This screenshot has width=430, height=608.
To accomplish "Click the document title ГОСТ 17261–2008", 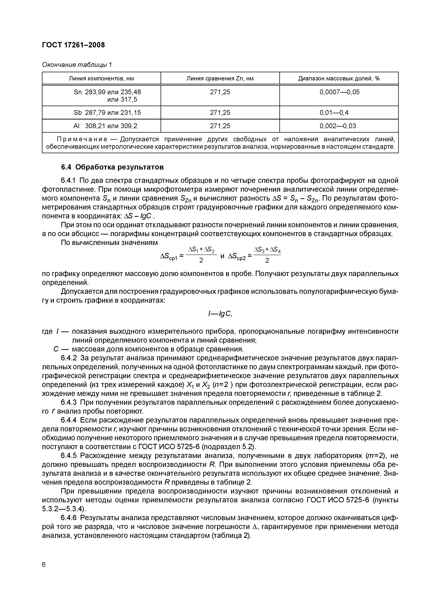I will pyautogui.click(x=73, y=45).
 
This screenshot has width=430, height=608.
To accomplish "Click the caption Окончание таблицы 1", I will pyautogui.click(x=77, y=65).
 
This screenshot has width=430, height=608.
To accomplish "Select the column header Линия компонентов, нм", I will pyautogui.click(x=101, y=78).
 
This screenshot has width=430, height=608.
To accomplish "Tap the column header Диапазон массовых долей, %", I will pyautogui.click(x=339, y=78).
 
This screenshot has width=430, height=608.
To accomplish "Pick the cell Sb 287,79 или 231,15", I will pyautogui.click(x=107, y=113).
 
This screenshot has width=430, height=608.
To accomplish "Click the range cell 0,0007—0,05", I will pyautogui.click(x=339, y=92).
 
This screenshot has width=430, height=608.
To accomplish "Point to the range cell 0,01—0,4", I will pyautogui.click(x=334, y=113).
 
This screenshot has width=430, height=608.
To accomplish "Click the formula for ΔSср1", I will pyautogui.click(x=188, y=255).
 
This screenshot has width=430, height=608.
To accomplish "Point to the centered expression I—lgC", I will pyautogui.click(x=220, y=314).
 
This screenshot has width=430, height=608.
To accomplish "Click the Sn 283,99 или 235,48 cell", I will pyautogui.click(x=107, y=92).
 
